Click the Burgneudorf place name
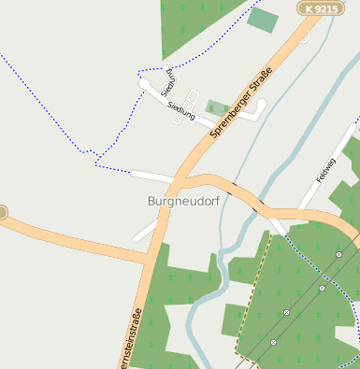[181, 201]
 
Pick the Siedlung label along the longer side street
[181, 114]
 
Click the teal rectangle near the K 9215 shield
[263, 20]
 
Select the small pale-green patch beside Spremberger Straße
[218, 108]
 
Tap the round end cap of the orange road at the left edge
[2, 213]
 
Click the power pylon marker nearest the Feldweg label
[339, 254]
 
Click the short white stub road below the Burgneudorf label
[146, 230]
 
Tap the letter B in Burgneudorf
[151, 201]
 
